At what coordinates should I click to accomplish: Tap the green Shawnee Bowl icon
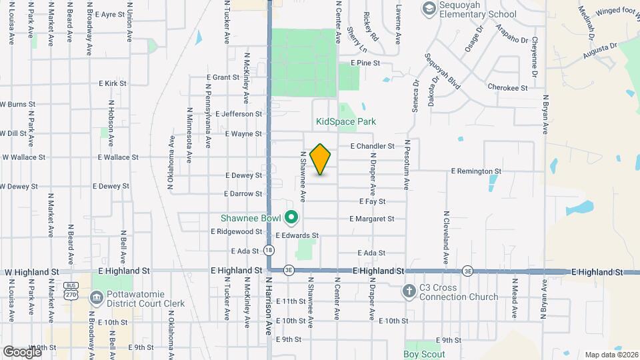(x=291, y=218)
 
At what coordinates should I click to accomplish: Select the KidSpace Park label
(x=346, y=122)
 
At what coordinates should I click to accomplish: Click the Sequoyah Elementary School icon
(x=429, y=8)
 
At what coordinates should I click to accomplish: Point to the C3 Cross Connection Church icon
(x=409, y=291)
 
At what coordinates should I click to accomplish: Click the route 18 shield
(x=268, y=250)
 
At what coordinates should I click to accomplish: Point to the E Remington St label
(x=475, y=171)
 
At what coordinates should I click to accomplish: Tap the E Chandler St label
(x=372, y=146)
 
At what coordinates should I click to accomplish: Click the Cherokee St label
(x=507, y=87)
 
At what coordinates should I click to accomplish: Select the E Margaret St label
(x=371, y=219)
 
